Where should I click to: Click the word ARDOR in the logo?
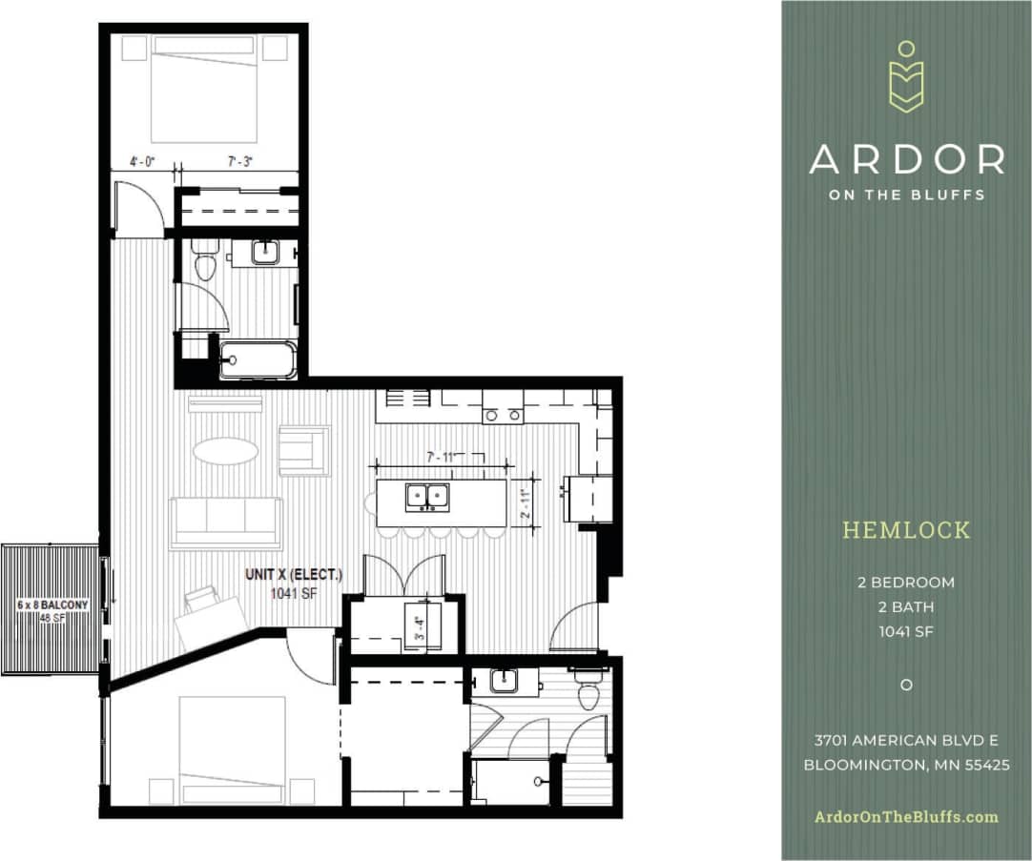pos(906,159)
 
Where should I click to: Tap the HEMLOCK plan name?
pos(906,530)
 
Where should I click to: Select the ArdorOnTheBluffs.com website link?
pos(906,816)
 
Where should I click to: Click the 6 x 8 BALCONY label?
pos(52,605)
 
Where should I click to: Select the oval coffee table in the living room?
pos(225,450)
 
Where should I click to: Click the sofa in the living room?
pos(226,523)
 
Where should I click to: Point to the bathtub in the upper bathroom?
pos(257,360)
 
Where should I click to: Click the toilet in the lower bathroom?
pos(588,689)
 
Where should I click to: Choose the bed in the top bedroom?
pos(204,89)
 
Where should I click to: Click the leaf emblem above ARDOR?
pos(906,79)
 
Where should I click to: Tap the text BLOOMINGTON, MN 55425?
pos(906,765)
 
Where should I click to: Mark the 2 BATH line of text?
pos(906,606)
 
